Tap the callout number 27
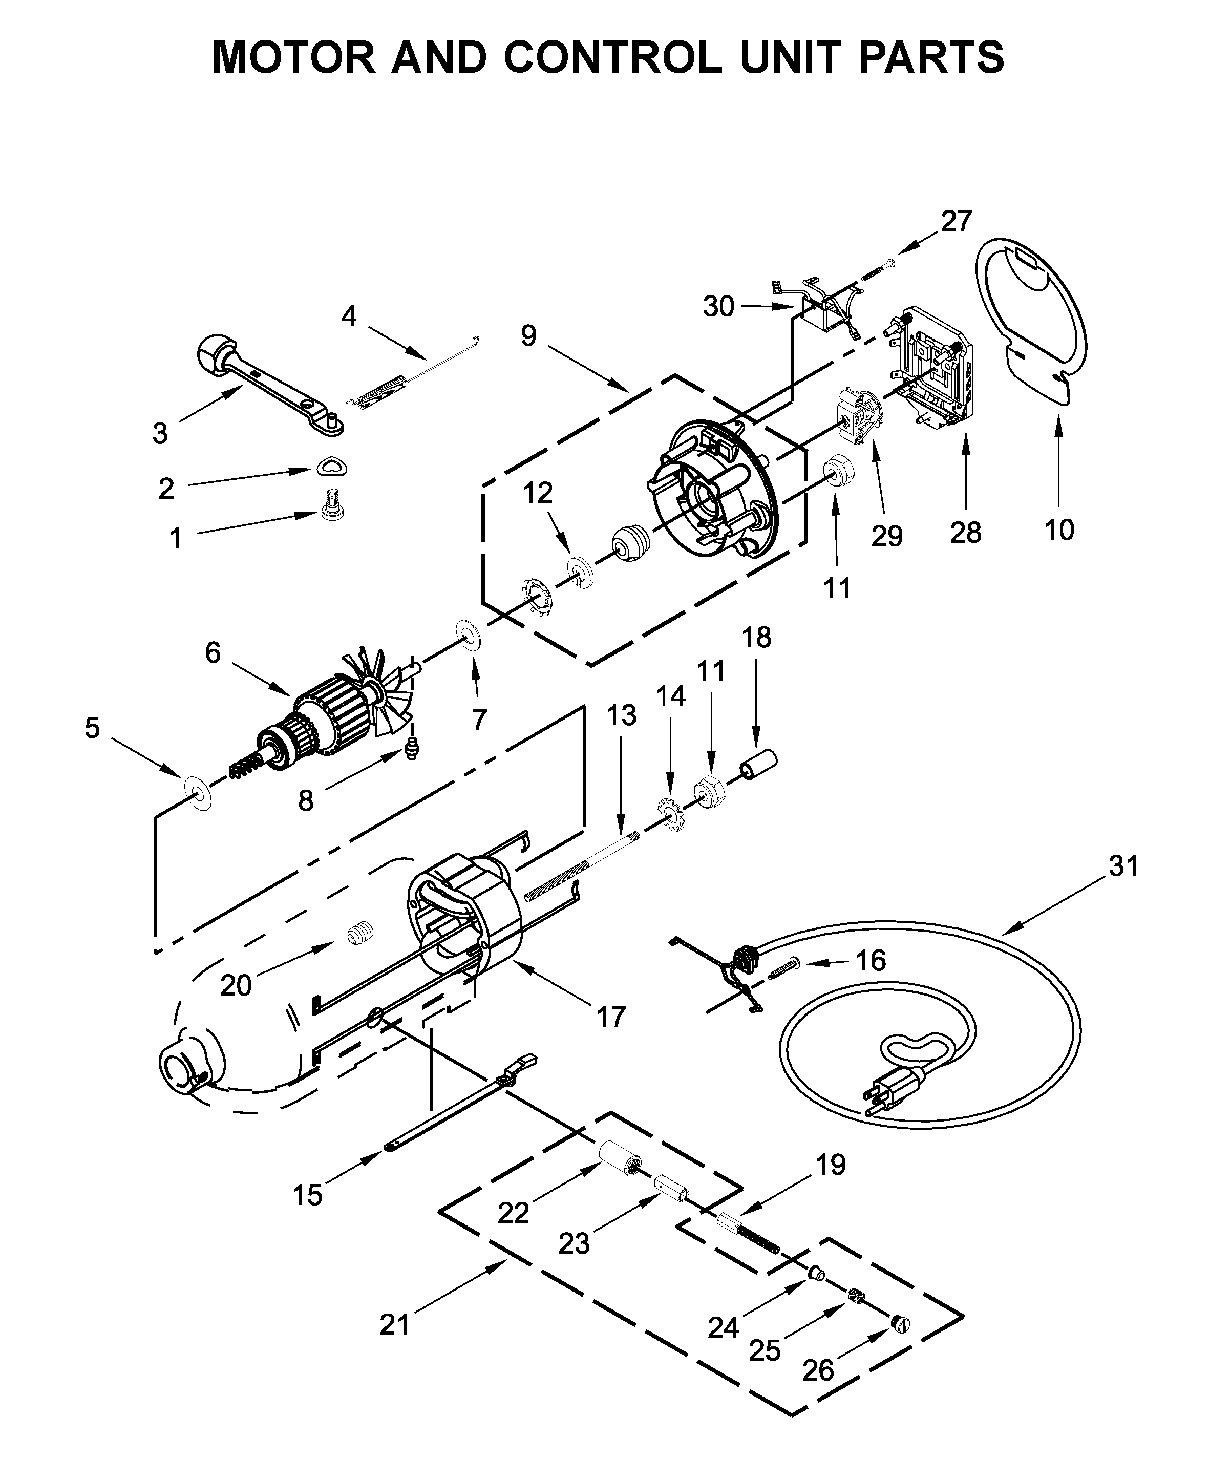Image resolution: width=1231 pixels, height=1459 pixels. pyautogui.click(x=956, y=222)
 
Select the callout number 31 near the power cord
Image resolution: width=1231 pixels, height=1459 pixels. pyautogui.click(x=1123, y=866)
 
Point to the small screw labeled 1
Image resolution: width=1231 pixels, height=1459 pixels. pyautogui.click(x=328, y=502)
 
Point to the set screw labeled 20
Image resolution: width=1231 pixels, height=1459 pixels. pyautogui.click(x=361, y=933)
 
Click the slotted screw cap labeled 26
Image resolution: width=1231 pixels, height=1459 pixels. pyautogui.click(x=901, y=1324)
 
